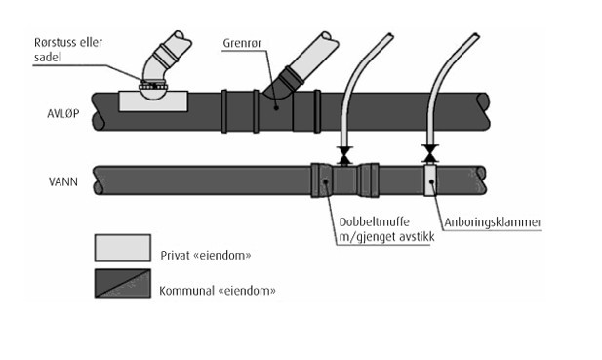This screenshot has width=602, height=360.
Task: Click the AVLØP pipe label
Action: pos(63,113)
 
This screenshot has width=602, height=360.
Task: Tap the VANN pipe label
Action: pos(63,181)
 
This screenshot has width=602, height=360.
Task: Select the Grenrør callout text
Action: pos(242,43)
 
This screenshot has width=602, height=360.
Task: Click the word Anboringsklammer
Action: pos(493,222)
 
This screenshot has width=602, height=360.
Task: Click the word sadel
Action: pos(48,58)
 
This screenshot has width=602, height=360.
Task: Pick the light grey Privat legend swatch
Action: pos(123,248)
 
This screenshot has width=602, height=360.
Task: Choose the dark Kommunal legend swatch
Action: pos(123,283)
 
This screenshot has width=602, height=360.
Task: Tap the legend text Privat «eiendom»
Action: pos(206,256)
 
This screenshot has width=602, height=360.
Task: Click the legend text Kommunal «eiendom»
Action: pos(218,291)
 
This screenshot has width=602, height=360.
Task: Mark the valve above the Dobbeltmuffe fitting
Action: pos(344,156)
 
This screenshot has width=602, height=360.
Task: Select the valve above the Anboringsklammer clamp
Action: pos(430,154)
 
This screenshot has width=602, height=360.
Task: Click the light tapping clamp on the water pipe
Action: pos(430,180)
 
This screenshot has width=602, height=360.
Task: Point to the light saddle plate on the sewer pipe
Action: pos(153,101)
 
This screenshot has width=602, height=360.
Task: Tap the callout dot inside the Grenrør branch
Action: pos(276,108)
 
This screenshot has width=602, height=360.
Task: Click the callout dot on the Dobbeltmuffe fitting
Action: pos(326,181)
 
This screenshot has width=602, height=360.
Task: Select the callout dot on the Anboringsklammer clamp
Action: pos(431,181)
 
